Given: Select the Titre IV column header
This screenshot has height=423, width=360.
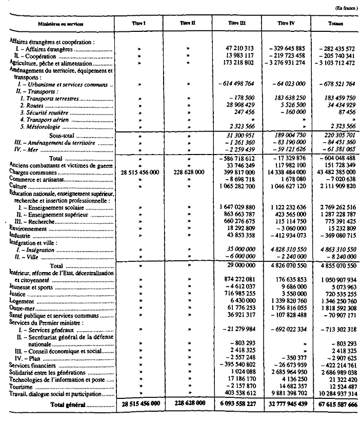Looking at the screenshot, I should pyautogui.click(x=287, y=24).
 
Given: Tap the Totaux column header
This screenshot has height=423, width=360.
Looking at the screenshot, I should pyautogui.click(x=336, y=24).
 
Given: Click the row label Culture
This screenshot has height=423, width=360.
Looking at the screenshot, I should pyautogui.click(x=19, y=201).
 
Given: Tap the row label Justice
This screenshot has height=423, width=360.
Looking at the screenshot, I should pyautogui.click(x=18, y=296).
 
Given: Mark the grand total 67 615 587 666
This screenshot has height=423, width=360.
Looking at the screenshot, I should pyautogui.click(x=334, y=404).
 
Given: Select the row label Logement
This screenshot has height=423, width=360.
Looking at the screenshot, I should pyautogui.click(x=21, y=303).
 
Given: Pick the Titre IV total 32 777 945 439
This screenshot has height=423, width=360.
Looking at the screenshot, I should pyautogui.click(x=285, y=404).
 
